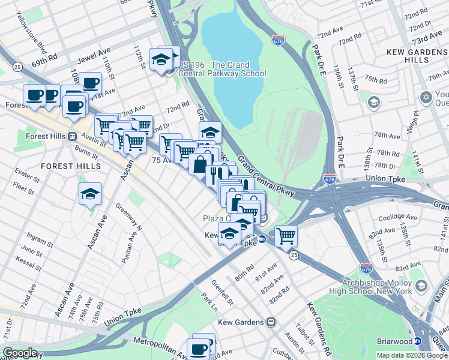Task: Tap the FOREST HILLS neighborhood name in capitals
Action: [x=65, y=165]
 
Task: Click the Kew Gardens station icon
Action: [x=271, y=322]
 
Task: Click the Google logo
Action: [x=20, y=353]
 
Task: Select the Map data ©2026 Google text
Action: [x=412, y=355]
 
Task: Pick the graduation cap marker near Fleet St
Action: [x=90, y=193]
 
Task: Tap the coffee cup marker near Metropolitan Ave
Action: [x=198, y=349]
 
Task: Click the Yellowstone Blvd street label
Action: [x=33, y=38]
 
